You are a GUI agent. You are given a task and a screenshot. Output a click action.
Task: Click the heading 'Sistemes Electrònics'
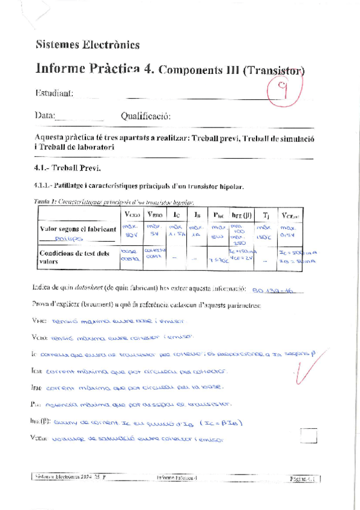point(88,44)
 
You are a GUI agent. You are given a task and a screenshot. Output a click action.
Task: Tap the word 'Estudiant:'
point(55,93)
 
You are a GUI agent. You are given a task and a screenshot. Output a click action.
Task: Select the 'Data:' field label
point(45,115)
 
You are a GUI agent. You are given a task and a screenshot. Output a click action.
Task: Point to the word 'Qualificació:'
point(145,115)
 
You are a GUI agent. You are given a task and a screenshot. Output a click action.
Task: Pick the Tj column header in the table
point(266,214)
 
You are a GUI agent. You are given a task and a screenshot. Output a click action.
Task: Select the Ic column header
point(175,214)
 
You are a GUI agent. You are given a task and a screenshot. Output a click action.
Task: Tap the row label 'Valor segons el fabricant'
point(78,229)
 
